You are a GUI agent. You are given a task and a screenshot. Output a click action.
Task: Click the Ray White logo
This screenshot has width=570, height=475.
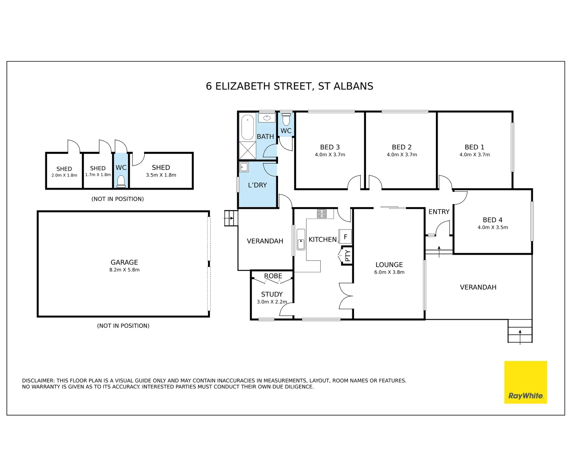pyautogui.click(x=525, y=382)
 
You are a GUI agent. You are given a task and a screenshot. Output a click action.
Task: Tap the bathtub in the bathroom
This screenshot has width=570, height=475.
pyautogui.click(x=248, y=126)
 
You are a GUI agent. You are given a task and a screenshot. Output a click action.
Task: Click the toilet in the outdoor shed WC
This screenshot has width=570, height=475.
pyautogui.click(x=121, y=181)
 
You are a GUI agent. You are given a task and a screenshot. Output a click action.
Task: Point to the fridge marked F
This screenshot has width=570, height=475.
pyautogui.click(x=345, y=237)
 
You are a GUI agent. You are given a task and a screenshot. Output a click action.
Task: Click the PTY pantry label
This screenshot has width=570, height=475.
pyautogui.click(x=347, y=256)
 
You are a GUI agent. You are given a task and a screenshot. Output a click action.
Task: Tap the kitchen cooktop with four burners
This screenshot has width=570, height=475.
pyautogui.click(x=322, y=214)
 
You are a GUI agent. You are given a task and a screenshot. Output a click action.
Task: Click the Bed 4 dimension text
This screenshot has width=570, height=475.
pyautogui.click(x=493, y=227)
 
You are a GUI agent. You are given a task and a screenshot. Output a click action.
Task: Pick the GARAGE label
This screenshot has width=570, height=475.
pyautogui.click(x=124, y=262)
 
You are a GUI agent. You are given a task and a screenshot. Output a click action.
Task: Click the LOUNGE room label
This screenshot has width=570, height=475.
pyautogui.click(x=389, y=265)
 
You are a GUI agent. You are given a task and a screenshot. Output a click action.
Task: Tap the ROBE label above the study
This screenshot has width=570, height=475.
pyautogui.click(x=273, y=276)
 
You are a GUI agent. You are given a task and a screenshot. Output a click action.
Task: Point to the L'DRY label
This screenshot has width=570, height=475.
pyautogui.click(x=257, y=185)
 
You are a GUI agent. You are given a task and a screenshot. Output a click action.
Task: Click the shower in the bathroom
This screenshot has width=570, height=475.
pyautogui.click(x=247, y=150)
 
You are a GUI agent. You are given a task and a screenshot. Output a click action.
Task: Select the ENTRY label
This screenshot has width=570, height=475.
pyautogui.click(x=438, y=212)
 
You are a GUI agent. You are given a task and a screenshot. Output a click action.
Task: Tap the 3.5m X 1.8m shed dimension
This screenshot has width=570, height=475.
pyautogui.click(x=161, y=175)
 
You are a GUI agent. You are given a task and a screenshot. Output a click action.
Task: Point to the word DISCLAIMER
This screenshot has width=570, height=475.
pyautogui.click(x=38, y=381)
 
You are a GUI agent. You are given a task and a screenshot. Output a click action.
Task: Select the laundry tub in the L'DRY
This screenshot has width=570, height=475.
pyautogui.click(x=244, y=167)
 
